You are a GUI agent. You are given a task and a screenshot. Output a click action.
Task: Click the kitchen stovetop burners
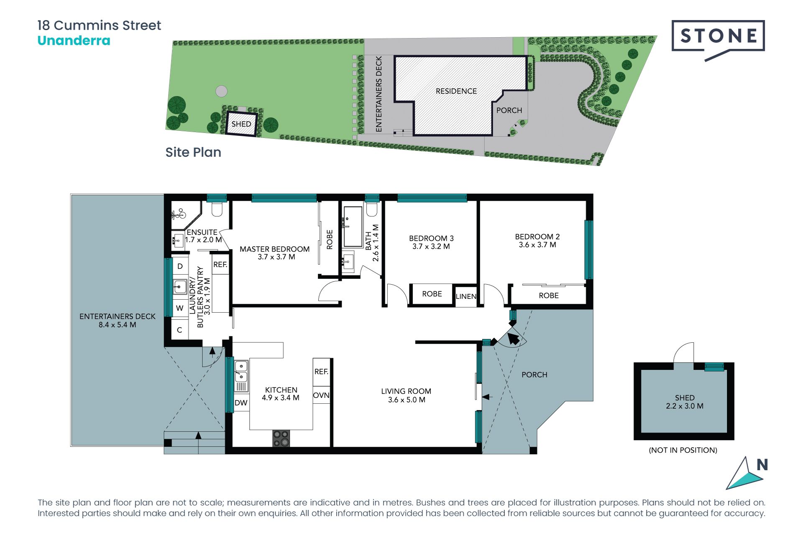(281, 438)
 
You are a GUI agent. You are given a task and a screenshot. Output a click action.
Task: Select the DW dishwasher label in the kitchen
(241, 403)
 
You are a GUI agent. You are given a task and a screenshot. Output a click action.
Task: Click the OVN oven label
(321, 395)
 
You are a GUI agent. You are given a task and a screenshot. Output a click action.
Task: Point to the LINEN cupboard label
(466, 296)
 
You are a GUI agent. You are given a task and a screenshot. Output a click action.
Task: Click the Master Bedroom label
(275, 249)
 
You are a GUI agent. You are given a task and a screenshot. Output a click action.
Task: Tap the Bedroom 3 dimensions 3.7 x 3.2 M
(431, 247)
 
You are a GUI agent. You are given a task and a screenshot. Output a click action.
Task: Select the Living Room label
(406, 391)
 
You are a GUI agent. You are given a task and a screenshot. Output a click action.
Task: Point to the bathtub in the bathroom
(353, 226)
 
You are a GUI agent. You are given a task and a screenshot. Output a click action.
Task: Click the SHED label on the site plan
(241, 124)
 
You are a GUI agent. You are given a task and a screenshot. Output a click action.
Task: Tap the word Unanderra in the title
(74, 41)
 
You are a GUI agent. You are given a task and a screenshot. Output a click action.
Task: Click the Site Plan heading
(193, 152)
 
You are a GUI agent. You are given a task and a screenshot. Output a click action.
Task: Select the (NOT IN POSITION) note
(683, 450)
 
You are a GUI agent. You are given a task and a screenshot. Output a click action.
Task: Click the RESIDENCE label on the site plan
(456, 91)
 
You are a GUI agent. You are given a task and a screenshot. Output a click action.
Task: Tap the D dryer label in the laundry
(180, 266)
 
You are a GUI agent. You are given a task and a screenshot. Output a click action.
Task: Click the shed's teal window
(714, 367)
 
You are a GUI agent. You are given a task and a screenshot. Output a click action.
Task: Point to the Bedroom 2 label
(537, 237)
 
